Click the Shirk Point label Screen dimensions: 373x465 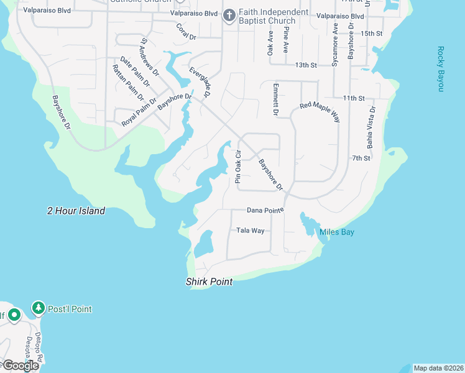tap(209, 282)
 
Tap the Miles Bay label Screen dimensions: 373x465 tap(336, 232)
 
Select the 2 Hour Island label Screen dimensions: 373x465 tap(76, 211)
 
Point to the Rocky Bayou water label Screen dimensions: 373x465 tap(441, 69)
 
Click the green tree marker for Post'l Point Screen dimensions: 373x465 tap(39, 308)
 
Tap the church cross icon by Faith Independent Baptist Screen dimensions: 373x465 tap(229, 14)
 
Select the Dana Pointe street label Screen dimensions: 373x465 tap(265, 210)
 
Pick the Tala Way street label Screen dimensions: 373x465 tap(251, 231)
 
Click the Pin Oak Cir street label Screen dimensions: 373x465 tap(237, 166)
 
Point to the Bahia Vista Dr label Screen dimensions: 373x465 tap(371, 126)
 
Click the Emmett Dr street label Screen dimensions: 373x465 tap(275, 99)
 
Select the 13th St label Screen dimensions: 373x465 tap(306, 65)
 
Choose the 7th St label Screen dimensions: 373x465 tap(361, 158)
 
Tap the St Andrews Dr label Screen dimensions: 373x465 tap(149, 57)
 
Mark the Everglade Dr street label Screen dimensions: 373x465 tap(201, 81)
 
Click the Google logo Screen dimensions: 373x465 tap(20, 366)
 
